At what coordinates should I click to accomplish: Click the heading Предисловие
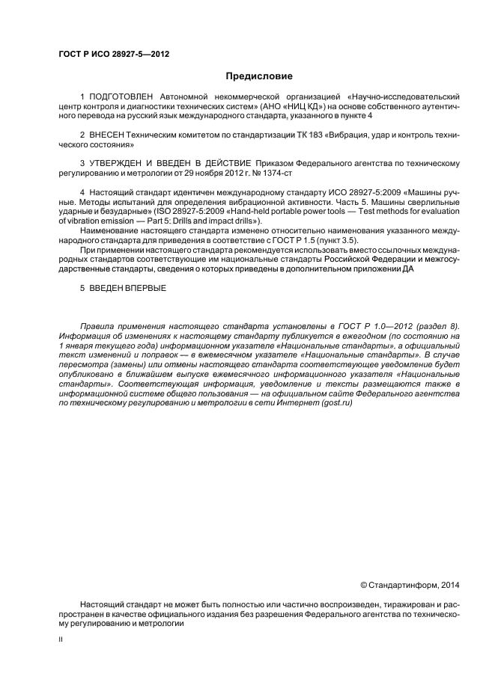pyautogui.click(x=259, y=76)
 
